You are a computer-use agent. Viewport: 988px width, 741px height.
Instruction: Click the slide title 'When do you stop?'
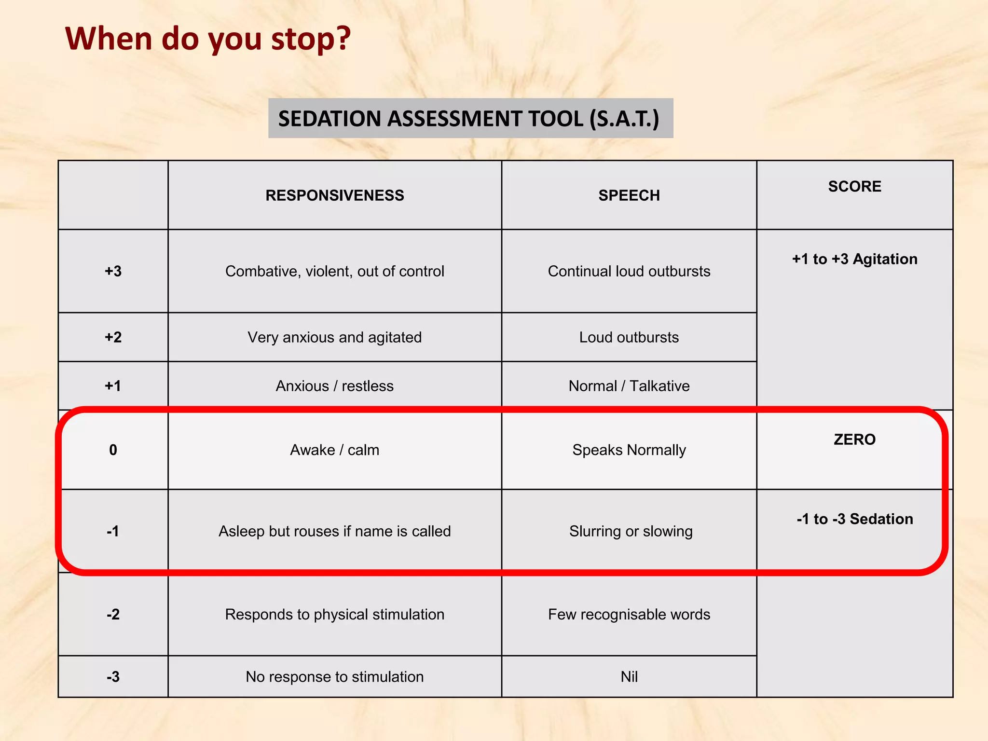pos(208,39)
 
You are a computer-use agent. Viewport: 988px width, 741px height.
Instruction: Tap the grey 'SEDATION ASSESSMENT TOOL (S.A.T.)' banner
pos(470,119)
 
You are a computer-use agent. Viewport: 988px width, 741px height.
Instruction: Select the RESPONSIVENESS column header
pos(335,195)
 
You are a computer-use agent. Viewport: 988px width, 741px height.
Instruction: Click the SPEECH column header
pos(629,195)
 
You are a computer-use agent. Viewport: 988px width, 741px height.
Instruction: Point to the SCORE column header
pos(854,187)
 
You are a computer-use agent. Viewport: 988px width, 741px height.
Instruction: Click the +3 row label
pos(113,271)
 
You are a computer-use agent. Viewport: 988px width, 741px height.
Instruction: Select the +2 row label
pos(113,337)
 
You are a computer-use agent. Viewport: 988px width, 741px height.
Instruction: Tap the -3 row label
pos(113,677)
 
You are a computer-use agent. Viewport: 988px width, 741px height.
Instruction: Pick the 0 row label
pos(113,450)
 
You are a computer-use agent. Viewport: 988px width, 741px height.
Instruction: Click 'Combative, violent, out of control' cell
pos(335,271)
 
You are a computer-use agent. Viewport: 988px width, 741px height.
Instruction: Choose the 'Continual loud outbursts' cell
pos(629,271)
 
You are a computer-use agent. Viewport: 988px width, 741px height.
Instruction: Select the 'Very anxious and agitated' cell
pos(335,337)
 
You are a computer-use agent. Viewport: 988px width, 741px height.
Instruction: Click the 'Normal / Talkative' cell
pos(629,386)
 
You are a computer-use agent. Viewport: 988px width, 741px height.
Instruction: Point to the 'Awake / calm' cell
pos(335,450)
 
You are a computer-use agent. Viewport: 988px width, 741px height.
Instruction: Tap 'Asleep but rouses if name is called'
pos(335,531)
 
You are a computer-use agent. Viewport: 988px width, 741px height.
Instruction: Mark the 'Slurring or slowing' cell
pos(631,531)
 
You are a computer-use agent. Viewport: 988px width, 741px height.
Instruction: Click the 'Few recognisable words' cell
pos(629,615)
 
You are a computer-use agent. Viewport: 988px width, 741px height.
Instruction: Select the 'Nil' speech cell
pos(629,677)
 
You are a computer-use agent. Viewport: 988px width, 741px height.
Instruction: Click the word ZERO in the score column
pos(854,439)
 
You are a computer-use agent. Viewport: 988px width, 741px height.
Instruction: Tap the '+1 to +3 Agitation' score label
pos(854,259)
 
